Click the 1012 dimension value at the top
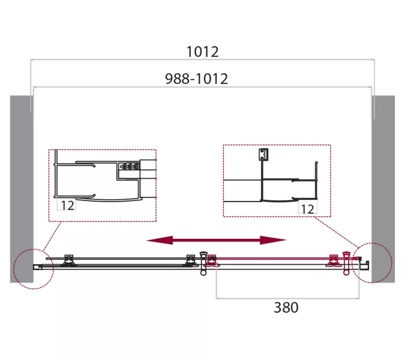tap(203, 52)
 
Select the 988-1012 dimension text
tap(197, 79)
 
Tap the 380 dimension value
tap(286, 307)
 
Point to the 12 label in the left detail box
tap(68, 205)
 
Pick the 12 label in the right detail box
tap(308, 209)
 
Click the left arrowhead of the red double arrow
tap(160, 240)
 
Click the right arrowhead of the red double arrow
tap(273, 240)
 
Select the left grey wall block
tap(22, 189)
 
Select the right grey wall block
tap(383, 189)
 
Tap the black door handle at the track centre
tap(203, 263)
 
